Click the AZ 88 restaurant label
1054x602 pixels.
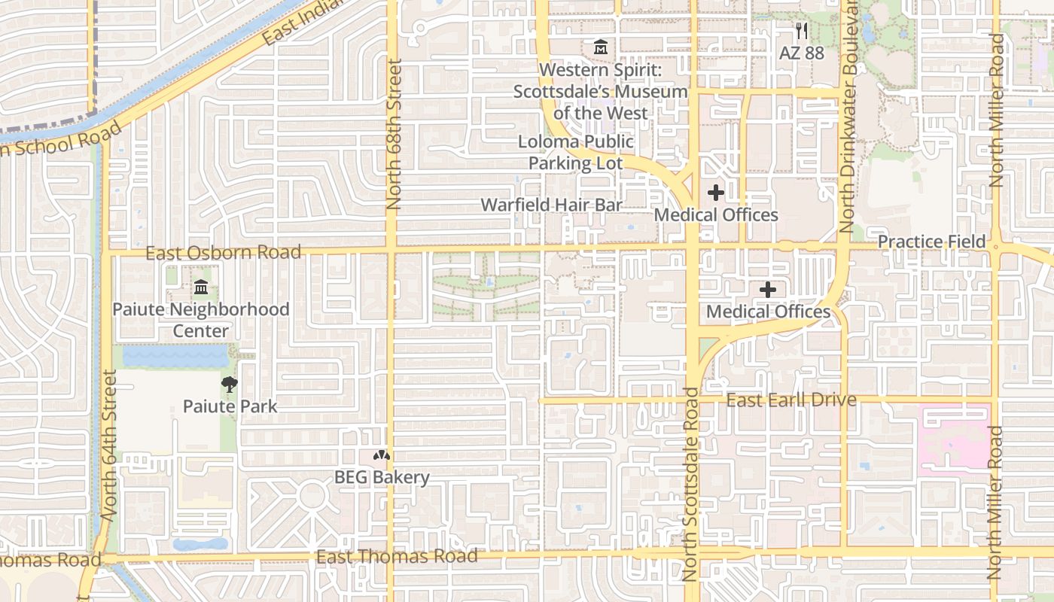coord(802,53)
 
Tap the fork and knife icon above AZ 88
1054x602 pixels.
coord(802,31)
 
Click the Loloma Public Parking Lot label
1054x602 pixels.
coord(576,153)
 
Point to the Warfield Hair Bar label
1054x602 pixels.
coord(552,205)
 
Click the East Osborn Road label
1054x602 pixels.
coord(223,252)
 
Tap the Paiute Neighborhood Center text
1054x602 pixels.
coord(201,320)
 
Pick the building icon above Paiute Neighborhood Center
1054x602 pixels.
coord(201,287)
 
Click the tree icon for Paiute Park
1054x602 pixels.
coord(230,385)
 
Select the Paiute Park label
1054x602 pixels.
coord(230,407)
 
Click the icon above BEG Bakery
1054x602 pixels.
coord(382,455)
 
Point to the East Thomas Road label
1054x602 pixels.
coord(397,557)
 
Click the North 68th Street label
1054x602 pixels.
coord(394,134)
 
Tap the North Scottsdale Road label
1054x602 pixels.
coord(690,485)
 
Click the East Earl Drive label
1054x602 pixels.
coord(791,400)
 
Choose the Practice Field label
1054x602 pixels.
coord(931,242)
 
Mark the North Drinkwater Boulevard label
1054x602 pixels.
coord(848,117)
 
